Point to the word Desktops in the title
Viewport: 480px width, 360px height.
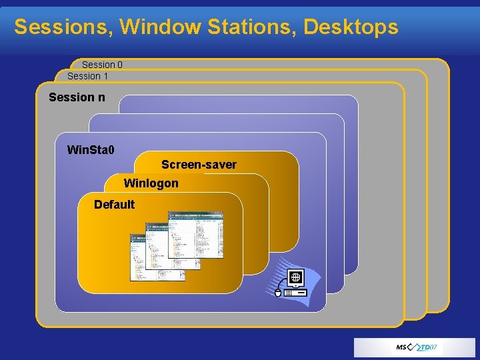click(x=351, y=27)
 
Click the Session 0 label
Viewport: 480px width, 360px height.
click(x=102, y=65)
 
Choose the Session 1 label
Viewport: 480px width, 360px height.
click(x=87, y=76)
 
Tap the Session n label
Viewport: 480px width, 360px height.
click(x=77, y=97)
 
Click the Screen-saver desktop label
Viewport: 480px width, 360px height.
click(x=199, y=165)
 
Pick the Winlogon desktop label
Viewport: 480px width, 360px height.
click(x=151, y=183)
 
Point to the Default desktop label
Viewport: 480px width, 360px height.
click(x=114, y=205)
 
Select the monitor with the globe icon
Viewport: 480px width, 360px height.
click(x=295, y=277)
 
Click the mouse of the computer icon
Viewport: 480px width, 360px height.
click(x=278, y=291)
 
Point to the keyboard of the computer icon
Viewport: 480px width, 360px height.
click(x=295, y=293)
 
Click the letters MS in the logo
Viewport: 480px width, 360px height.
click(x=403, y=348)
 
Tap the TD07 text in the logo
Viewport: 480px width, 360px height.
click(x=429, y=348)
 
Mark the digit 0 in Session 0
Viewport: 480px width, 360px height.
click(x=119, y=65)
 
